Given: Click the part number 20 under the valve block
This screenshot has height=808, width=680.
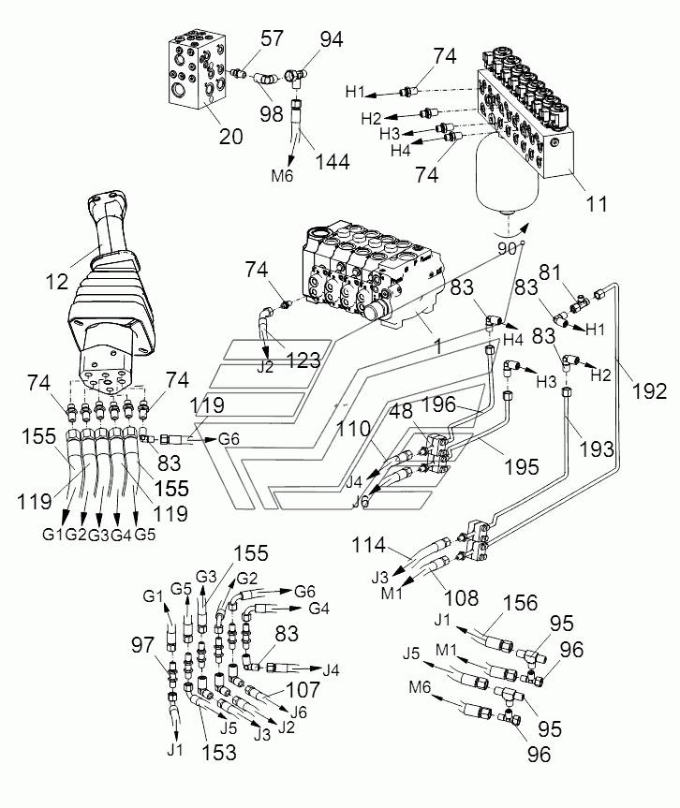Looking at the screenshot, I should point(229,136).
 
